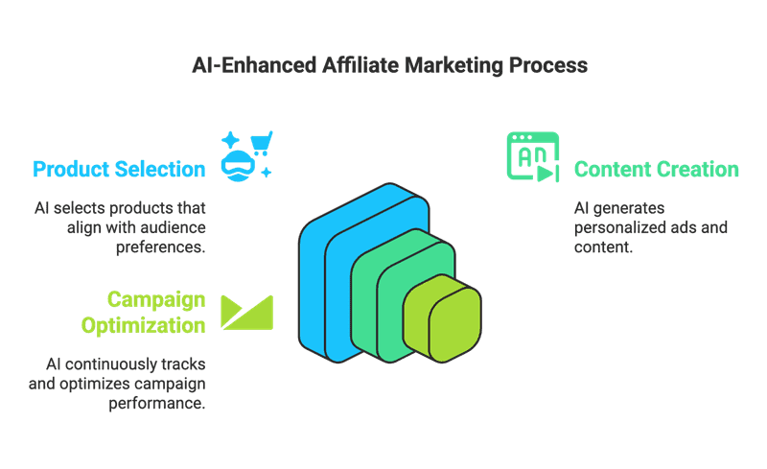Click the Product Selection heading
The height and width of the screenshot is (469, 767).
pyautogui.click(x=119, y=170)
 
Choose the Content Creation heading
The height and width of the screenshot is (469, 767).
pyautogui.click(x=657, y=170)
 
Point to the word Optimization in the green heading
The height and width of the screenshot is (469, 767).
pyautogui.click(x=143, y=325)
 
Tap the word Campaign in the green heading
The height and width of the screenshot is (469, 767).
pyautogui.click(x=156, y=300)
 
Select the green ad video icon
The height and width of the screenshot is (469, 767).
pyautogui.click(x=532, y=156)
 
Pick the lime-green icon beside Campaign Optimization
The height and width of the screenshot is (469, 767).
pyautogui.click(x=247, y=312)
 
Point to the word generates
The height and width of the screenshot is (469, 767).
pyautogui.click(x=631, y=208)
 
